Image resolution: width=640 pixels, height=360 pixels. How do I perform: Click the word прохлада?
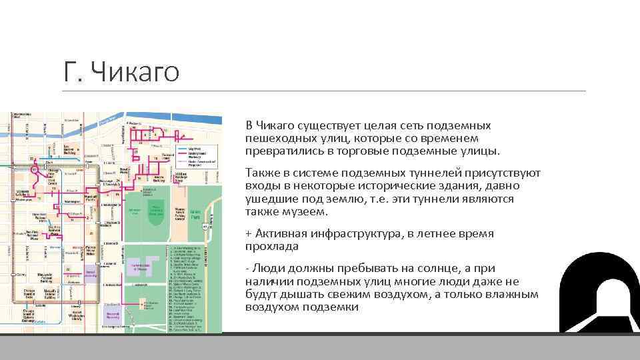[x=272, y=247]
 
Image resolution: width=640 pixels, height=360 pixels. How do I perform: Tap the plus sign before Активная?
[x=249, y=234]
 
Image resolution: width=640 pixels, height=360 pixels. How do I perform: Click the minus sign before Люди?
[x=247, y=269]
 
